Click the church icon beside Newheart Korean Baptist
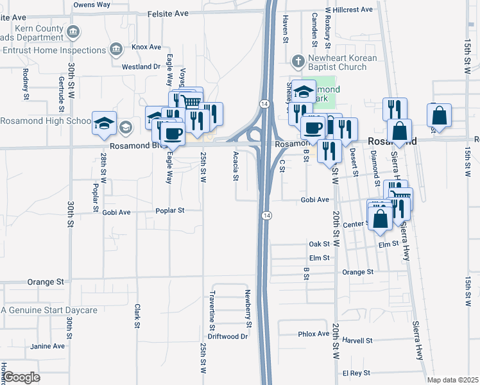pyautogui.click(x=297, y=62)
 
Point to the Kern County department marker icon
pyautogui.click(x=73, y=31)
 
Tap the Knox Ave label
pyautogui.click(x=146, y=47)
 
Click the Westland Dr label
pyautogui.click(x=141, y=66)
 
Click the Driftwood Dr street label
pyautogui.click(x=228, y=336)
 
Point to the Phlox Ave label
pyautogui.click(x=313, y=334)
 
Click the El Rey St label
pyautogui.click(x=357, y=372)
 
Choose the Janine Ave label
pyautogui.click(x=48, y=346)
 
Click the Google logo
pyautogui.click(x=21, y=377)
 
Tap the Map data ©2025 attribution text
pyautogui.click(x=452, y=380)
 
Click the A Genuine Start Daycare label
pyautogui.click(x=49, y=311)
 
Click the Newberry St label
pyautogui.click(x=248, y=308)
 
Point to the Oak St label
pyautogui.click(x=319, y=244)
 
